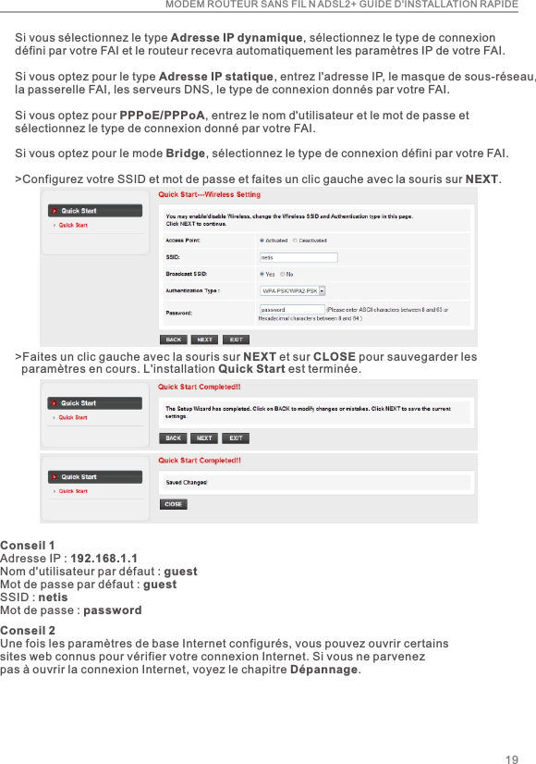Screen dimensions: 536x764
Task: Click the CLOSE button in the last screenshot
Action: [x=173, y=504]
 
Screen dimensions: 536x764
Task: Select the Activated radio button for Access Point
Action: [x=262, y=240]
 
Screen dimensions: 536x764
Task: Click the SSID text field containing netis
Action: [x=298, y=257]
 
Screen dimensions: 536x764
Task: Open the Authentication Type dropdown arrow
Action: [x=323, y=290]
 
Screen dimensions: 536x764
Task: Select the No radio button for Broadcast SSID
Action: [x=282, y=274]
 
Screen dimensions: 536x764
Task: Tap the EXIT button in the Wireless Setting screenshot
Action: [x=237, y=339]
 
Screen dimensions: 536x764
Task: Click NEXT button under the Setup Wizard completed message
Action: [x=204, y=437]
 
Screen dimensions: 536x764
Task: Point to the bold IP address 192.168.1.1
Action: [x=104, y=559]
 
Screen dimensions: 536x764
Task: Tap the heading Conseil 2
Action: [x=28, y=630]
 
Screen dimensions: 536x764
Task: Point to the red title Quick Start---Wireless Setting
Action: [x=210, y=195]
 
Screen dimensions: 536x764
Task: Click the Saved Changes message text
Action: [x=187, y=482]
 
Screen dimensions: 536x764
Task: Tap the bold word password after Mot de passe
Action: [x=112, y=610]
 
